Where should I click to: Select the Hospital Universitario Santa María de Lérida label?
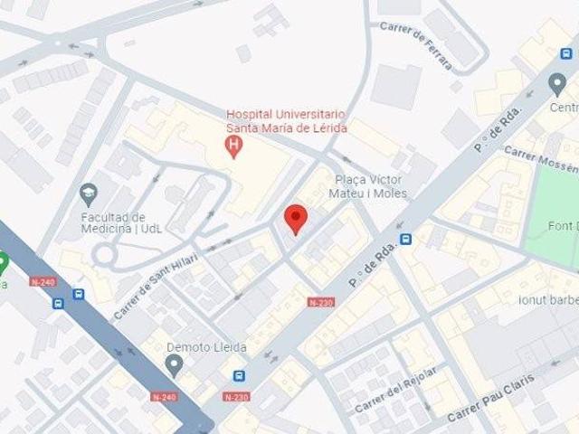tap(286, 121)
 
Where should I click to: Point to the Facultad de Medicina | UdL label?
tap(113, 222)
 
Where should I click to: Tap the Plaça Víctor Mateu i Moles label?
tap(371, 186)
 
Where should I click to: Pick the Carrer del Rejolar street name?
tap(396, 389)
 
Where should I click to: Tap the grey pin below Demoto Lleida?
tap(175, 365)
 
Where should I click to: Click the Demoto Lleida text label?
tap(201, 347)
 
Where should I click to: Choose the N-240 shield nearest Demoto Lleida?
tap(164, 396)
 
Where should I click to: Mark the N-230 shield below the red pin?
tap(321, 302)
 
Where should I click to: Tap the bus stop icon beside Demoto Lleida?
tap(239, 376)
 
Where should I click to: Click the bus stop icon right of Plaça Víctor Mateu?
tap(406, 240)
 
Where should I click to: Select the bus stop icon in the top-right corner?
tap(565, 54)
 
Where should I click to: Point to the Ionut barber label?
tap(548, 299)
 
